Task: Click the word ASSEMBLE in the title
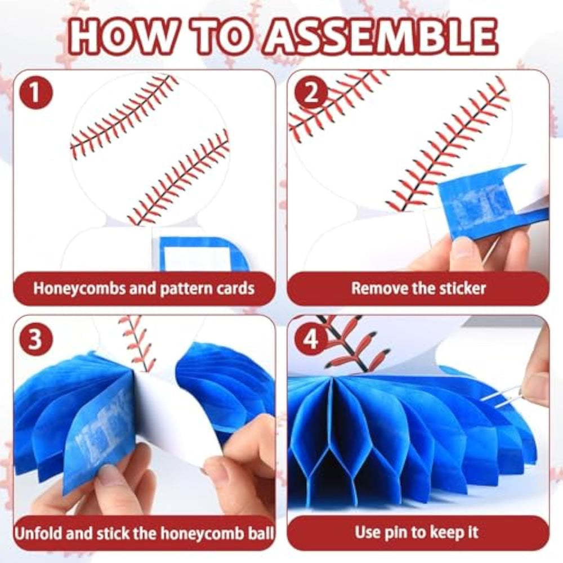pos(381,37)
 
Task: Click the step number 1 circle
pos(35,93)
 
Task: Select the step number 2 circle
pos(311,93)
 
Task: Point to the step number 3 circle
pos(35,338)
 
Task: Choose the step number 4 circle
pos(311,338)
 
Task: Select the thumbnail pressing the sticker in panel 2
pos(463,248)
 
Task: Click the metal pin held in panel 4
pos(498,397)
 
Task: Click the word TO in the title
pos(220,37)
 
